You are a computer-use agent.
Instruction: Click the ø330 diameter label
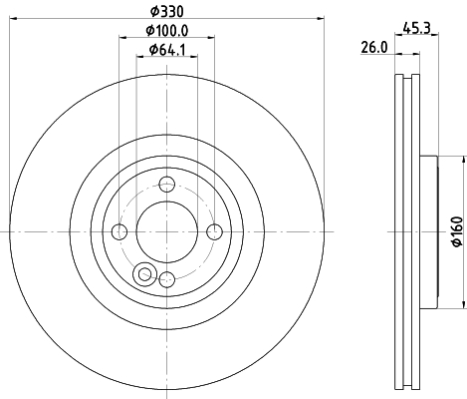(166, 12)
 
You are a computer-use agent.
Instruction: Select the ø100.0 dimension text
(167, 31)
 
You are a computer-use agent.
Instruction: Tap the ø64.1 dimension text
(167, 50)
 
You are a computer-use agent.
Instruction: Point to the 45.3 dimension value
(416, 28)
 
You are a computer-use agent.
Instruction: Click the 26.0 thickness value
(374, 48)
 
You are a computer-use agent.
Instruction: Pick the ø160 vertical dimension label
(457, 231)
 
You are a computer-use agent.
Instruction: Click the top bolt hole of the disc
(166, 185)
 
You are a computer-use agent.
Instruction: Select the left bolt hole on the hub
(119, 231)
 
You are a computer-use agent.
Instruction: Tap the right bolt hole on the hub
(214, 231)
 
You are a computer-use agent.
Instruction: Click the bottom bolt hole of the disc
(166, 279)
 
